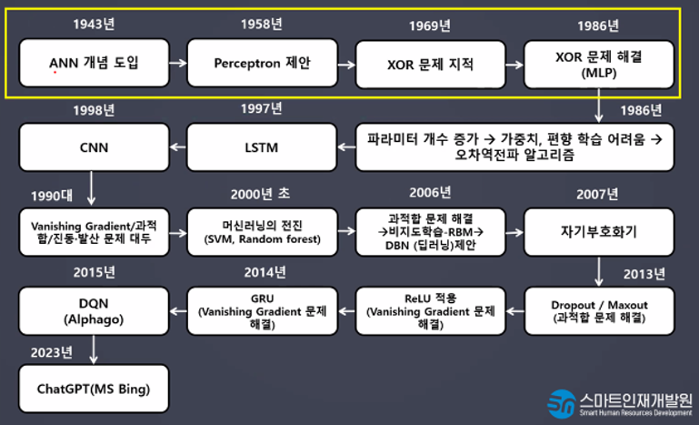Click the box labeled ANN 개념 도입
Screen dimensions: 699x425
95,64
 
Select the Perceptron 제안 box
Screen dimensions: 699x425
263,64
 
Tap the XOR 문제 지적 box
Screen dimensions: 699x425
430,64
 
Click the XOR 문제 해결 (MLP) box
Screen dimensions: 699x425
598,64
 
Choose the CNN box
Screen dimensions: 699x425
95,147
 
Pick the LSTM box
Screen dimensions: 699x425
263,147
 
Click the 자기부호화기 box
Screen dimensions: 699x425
598,231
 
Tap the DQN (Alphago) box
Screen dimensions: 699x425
95,311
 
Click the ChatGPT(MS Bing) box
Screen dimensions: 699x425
95,389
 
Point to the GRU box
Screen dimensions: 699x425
263,311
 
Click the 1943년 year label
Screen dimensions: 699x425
95,25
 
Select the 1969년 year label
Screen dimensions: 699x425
430,25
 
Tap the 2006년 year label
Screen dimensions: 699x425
430,193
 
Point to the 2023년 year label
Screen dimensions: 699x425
54,352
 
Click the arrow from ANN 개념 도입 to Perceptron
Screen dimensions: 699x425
178,64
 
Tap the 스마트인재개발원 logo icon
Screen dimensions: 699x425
560,401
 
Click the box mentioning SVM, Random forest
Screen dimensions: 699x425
263,231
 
